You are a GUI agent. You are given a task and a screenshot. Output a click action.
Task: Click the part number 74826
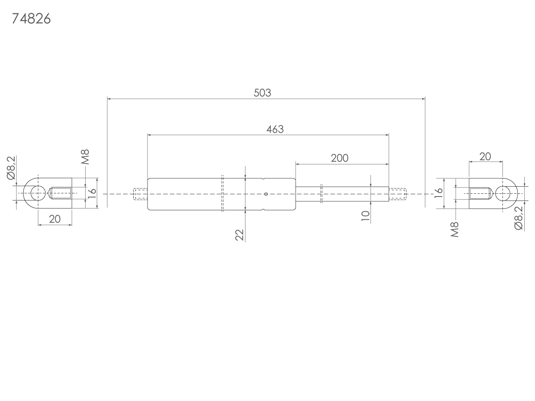click(x=31, y=19)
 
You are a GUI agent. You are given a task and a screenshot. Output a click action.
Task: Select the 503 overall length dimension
click(x=262, y=93)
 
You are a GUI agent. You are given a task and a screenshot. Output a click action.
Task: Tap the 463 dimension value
click(x=275, y=129)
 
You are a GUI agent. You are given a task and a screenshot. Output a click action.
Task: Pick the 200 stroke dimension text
click(x=340, y=158)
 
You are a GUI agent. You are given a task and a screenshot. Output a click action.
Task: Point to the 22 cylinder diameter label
click(x=239, y=235)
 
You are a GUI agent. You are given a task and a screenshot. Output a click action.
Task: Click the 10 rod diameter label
click(x=365, y=216)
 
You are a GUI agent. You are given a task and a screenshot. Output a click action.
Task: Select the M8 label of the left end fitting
click(x=85, y=157)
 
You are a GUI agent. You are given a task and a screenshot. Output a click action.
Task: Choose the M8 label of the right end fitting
click(x=455, y=229)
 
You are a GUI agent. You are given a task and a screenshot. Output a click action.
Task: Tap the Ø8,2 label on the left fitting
click(x=12, y=168)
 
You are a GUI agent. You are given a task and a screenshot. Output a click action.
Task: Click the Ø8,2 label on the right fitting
click(x=519, y=218)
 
